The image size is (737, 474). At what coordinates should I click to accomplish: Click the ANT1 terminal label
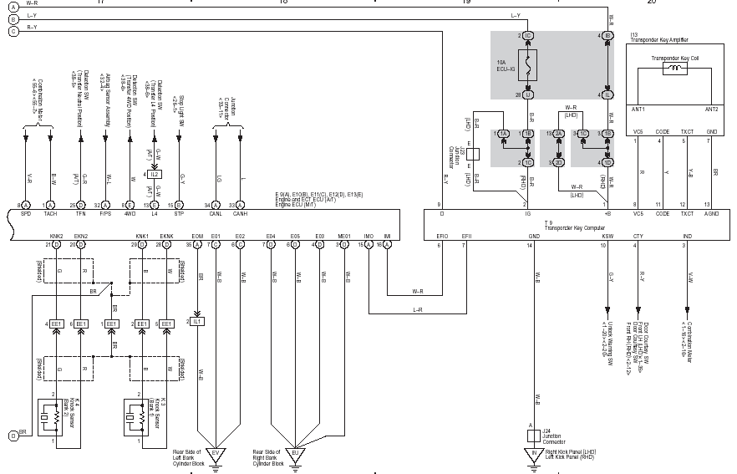[639, 109]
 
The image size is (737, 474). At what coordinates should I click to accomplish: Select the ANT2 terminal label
[711, 109]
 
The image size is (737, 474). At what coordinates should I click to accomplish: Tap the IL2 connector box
[155, 174]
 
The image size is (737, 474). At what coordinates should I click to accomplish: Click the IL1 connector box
[197, 321]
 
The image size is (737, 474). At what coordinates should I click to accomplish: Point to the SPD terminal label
[26, 214]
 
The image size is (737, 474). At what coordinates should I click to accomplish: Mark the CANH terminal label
[241, 214]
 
